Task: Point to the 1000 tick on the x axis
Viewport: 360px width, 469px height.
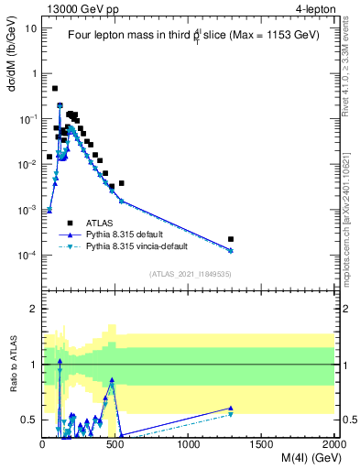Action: click(x=189, y=445)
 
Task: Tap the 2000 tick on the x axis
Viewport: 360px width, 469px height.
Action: click(x=334, y=445)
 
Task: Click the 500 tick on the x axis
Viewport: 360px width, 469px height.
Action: click(x=115, y=445)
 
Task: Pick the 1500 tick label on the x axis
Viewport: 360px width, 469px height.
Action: click(x=262, y=445)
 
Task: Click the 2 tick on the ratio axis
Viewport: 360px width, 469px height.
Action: click(x=34, y=309)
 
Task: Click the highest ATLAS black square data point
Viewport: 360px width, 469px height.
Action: click(x=55, y=89)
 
